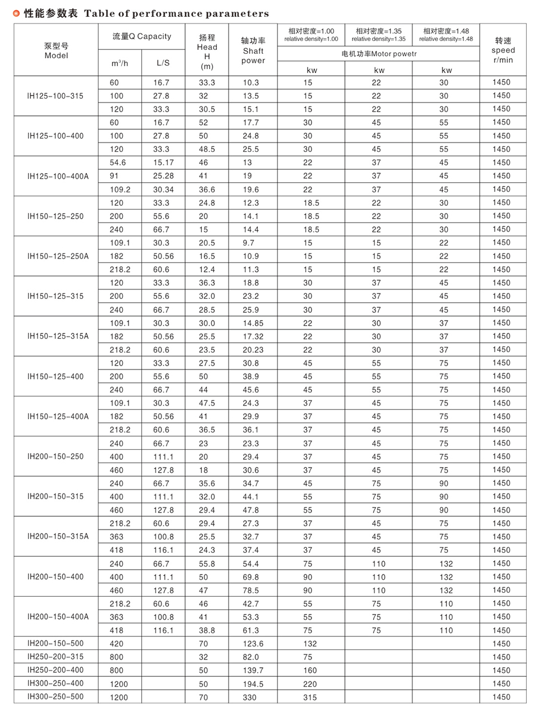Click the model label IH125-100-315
(55, 96)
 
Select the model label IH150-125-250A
(58, 256)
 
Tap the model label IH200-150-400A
(58, 617)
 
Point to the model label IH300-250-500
(55, 697)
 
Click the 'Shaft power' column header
(253, 51)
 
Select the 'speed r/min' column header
(503, 50)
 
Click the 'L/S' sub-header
(163, 63)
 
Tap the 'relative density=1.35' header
(378, 35)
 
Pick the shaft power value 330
(249, 698)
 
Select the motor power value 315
(310, 698)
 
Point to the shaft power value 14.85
(253, 324)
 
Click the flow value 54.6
(118, 163)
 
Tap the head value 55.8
(207, 564)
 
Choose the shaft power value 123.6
(253, 644)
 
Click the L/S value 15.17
(163, 163)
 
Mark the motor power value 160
(310, 671)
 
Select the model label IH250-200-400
(55, 670)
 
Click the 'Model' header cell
(56, 51)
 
